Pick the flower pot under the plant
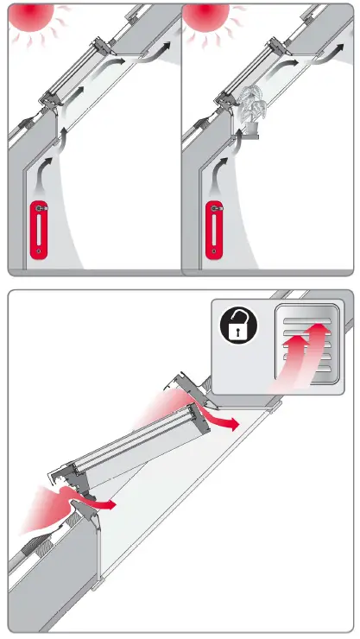(x=250, y=130)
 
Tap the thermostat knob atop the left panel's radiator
(x=43, y=207)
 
